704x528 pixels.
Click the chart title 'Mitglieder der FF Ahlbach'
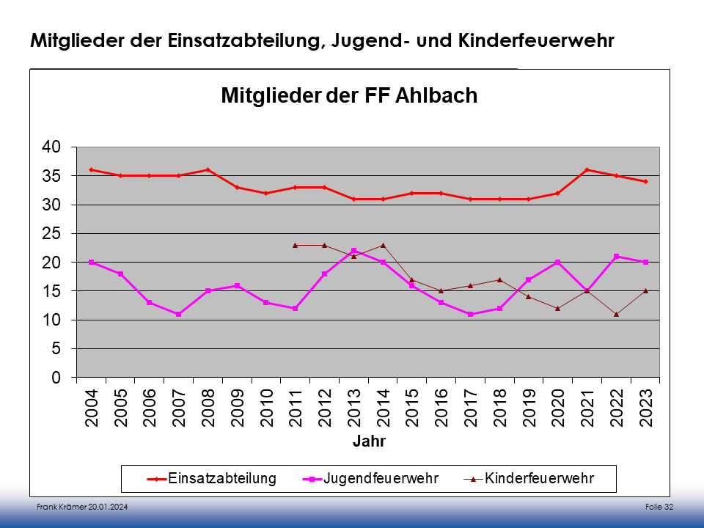[349, 96]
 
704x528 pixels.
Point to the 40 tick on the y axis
[51, 147]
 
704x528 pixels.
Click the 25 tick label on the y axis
[51, 233]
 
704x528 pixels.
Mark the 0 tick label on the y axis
[54, 378]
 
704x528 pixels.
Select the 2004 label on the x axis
[92, 408]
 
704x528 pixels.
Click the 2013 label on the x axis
[354, 408]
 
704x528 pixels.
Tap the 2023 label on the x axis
[646, 408]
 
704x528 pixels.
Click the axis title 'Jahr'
[369, 442]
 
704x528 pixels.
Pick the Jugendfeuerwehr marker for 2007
[179, 314]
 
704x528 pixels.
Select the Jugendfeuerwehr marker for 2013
[354, 251]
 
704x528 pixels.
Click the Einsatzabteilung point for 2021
[587, 170]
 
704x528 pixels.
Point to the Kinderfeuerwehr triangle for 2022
[617, 314]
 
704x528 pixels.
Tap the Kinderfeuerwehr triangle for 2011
[296, 245]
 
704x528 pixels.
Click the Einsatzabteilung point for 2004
[92, 170]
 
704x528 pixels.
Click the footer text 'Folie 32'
[659, 507]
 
